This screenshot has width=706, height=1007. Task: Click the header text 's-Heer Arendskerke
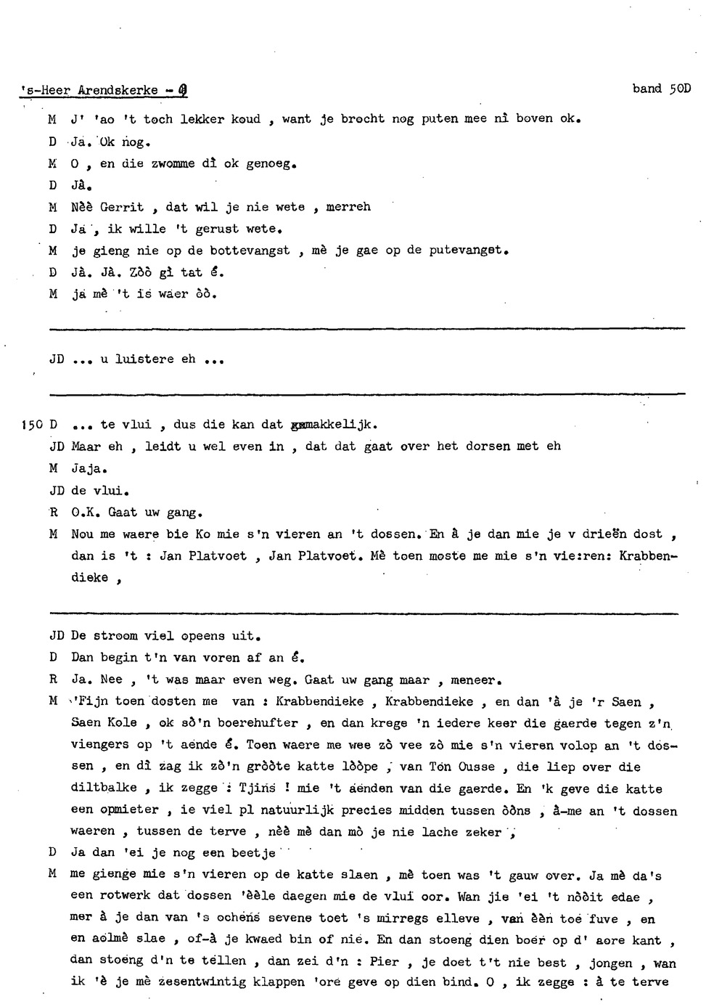(89, 91)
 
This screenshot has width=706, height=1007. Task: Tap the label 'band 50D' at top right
(661, 89)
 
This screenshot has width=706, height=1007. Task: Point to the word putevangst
(467, 250)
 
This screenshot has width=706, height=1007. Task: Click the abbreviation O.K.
(86, 513)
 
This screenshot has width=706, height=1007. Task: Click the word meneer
(473, 680)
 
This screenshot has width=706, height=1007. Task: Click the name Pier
(385, 961)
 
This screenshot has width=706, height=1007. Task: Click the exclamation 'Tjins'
(257, 788)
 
